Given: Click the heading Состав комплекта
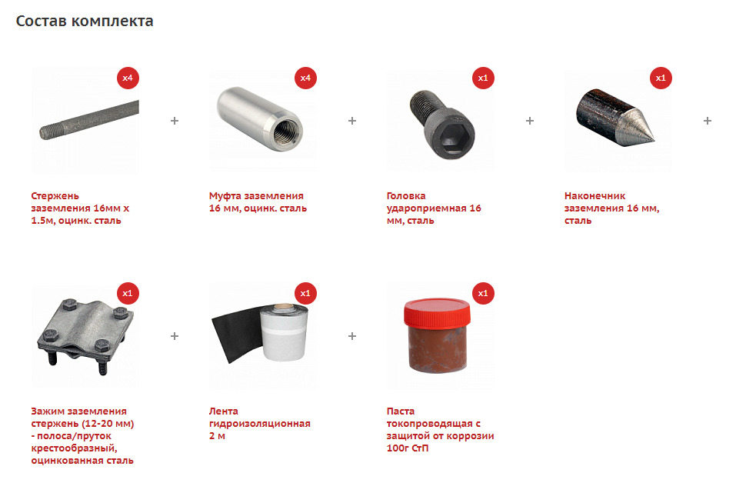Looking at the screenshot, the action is (85, 21).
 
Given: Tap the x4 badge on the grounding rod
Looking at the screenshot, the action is (128, 78).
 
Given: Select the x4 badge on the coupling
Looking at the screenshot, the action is (305, 78).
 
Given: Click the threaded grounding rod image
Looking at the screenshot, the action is (89, 120).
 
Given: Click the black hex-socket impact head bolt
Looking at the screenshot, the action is (442, 125).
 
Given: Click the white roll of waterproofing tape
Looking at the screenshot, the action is (284, 332).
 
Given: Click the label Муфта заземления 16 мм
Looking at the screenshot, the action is (258, 202).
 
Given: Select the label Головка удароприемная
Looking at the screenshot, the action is (434, 208).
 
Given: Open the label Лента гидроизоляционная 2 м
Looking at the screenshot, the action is (260, 423).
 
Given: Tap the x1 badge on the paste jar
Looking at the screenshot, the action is (483, 294).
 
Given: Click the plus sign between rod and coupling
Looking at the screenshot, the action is (175, 121).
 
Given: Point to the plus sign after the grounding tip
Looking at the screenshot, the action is (708, 121).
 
